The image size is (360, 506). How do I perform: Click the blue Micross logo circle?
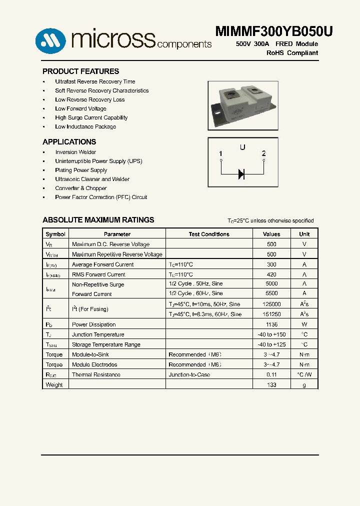50,40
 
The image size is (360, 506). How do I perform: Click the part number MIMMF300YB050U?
273,31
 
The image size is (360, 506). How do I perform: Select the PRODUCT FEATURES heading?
80,71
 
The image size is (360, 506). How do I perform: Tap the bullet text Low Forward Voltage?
80,108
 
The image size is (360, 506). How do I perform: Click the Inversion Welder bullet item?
75,152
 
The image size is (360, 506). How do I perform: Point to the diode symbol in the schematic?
241,174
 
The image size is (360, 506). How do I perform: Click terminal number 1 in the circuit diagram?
220,153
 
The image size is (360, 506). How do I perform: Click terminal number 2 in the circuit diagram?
263,153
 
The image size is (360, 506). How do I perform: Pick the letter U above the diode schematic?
242,147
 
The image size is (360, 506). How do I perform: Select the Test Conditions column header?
209,234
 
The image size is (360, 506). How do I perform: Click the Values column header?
271,234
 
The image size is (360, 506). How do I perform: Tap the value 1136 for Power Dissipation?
271,324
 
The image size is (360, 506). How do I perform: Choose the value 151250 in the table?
271,314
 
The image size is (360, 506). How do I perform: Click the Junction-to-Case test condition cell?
189,374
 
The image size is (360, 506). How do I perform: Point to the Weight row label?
54,384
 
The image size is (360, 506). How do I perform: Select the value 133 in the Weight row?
271,384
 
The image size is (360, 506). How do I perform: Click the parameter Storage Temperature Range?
106,344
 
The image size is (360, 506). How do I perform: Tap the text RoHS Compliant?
292,53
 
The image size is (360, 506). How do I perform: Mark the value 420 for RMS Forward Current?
271,274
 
